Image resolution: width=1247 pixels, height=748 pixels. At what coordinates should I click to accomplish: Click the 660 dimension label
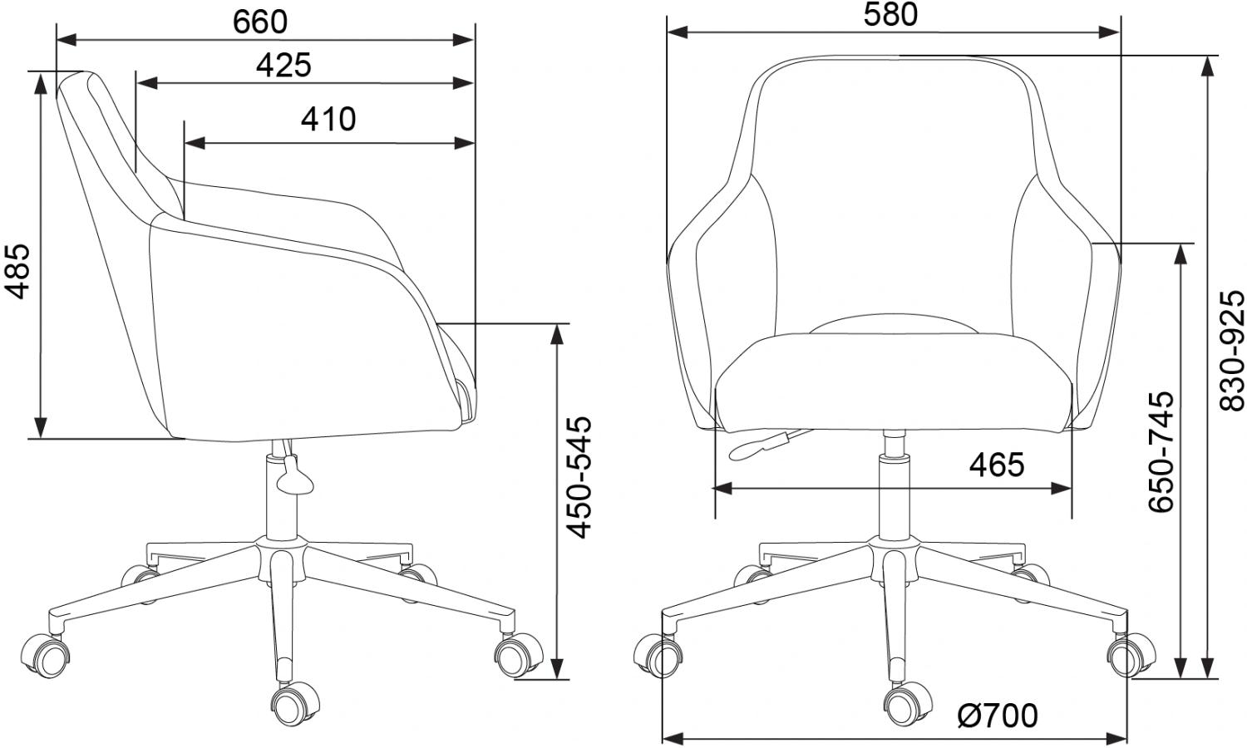260,22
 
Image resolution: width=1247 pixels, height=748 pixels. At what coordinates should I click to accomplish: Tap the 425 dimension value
283,65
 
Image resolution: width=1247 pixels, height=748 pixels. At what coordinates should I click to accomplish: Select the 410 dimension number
328,119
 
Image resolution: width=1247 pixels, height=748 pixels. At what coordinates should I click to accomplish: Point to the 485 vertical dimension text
16,271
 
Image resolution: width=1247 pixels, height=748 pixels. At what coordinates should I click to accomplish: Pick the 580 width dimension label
890,15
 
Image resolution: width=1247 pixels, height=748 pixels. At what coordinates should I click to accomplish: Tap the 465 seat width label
997,464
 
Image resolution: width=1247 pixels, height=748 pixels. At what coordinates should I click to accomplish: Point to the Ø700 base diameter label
998,716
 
